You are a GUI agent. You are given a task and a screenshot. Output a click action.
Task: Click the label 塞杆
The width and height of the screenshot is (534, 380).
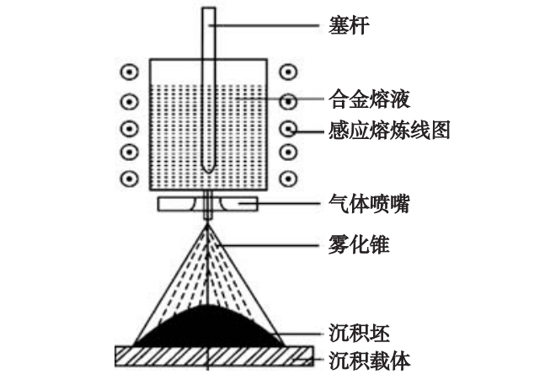click(x=348, y=25)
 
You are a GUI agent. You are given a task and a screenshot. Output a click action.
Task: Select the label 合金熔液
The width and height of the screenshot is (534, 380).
click(x=368, y=100)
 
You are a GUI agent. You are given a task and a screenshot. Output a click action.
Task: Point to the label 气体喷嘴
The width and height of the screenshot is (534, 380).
click(x=368, y=203)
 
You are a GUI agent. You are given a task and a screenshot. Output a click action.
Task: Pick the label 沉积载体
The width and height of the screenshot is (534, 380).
click(x=368, y=361)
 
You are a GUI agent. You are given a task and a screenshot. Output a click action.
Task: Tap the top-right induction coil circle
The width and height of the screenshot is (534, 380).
click(x=289, y=72)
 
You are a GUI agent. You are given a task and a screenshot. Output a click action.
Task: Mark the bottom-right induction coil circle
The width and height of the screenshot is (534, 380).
click(x=289, y=179)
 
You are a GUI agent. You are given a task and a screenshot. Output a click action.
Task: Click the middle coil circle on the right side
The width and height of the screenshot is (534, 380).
click(x=289, y=130)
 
